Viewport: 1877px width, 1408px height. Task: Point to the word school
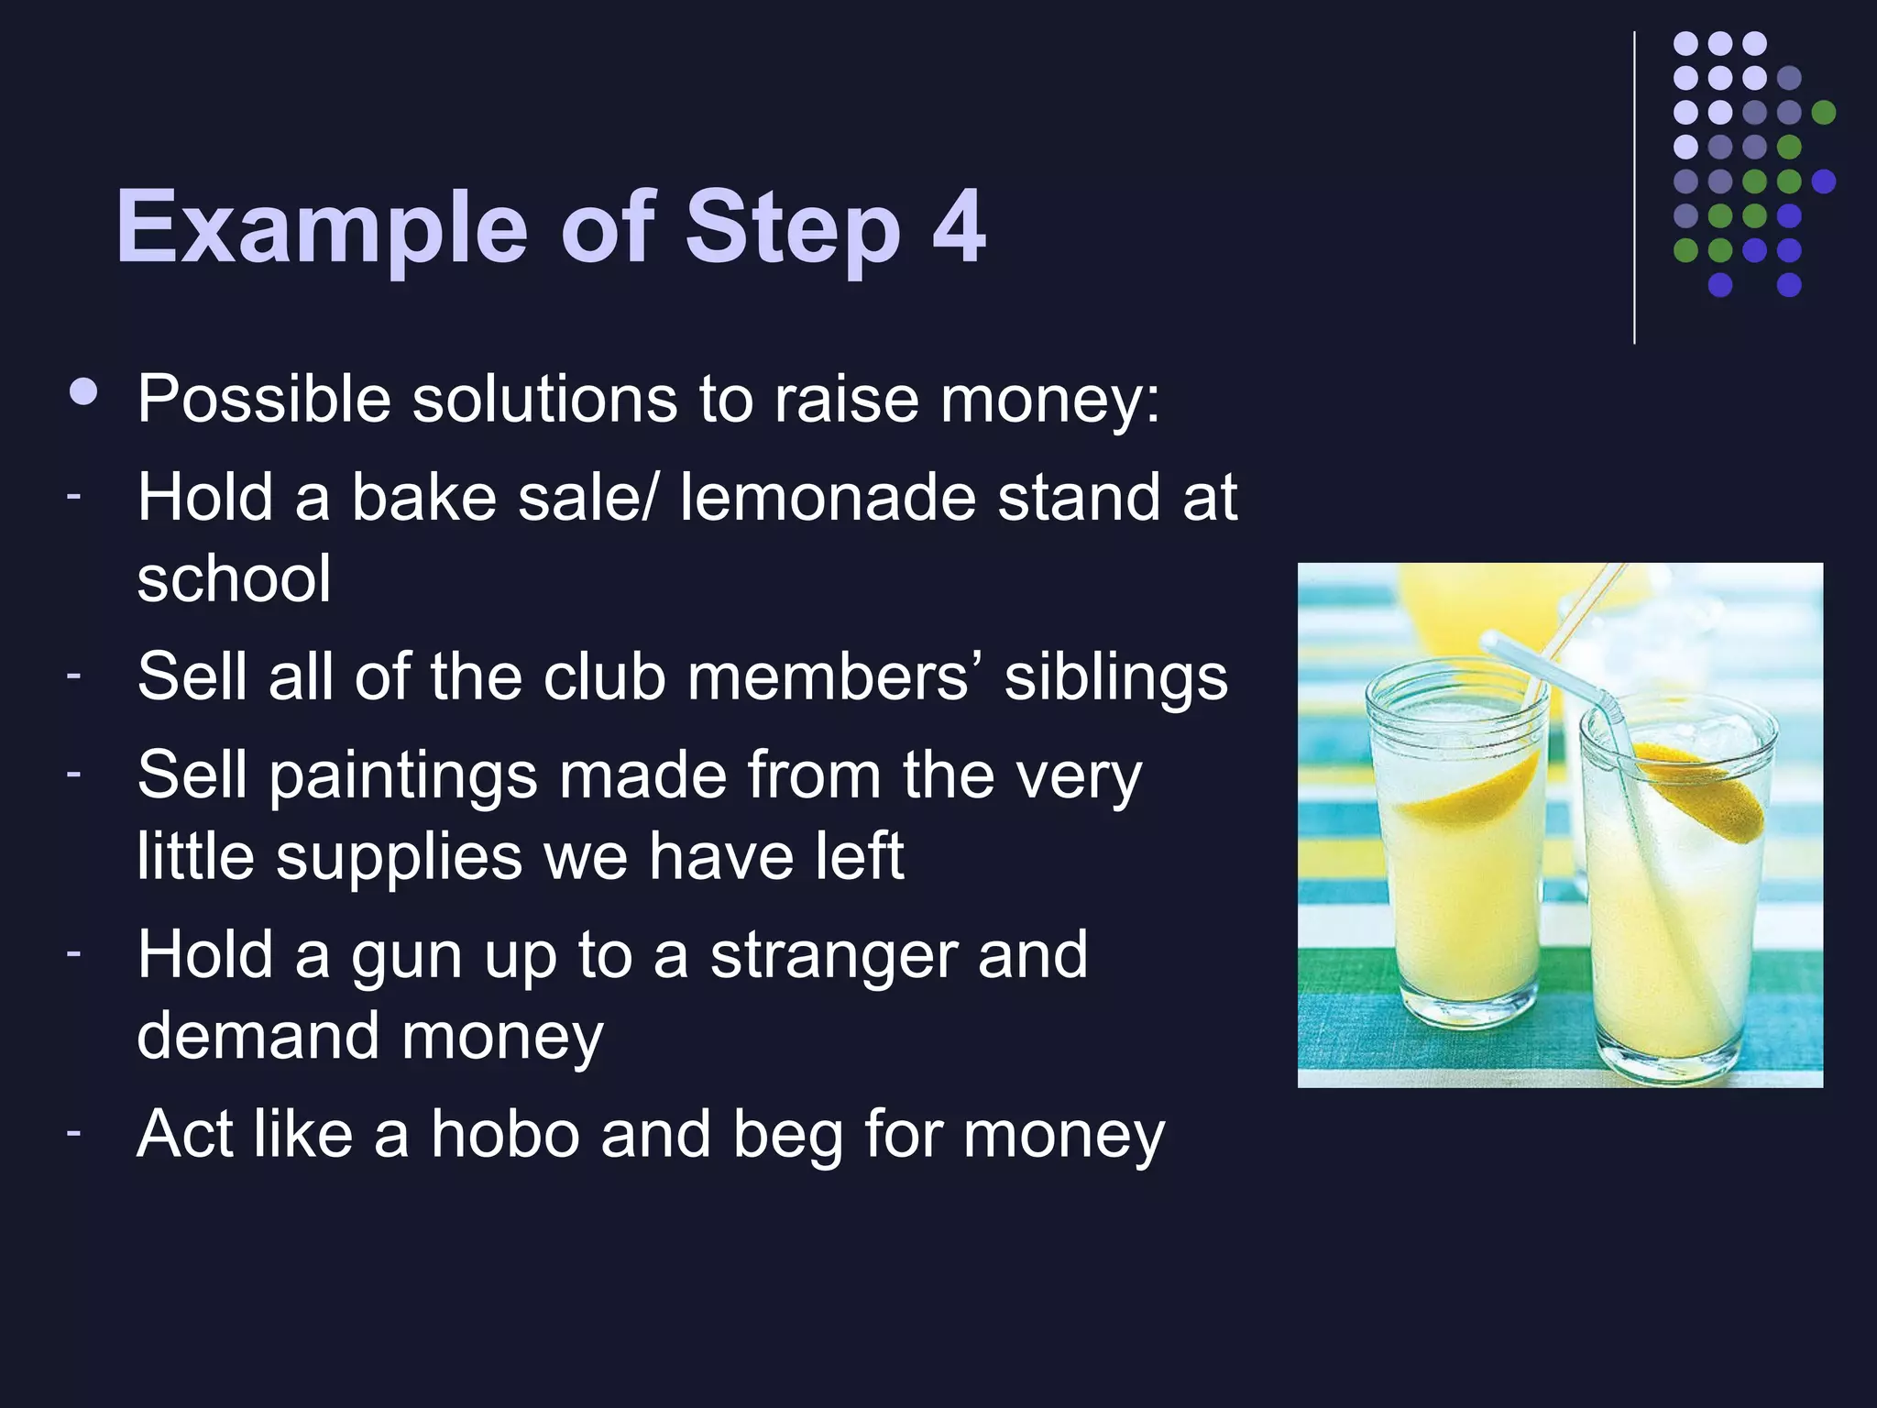[x=234, y=578]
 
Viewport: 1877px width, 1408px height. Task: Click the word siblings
[x=1115, y=678]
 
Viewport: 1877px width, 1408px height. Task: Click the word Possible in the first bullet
[x=264, y=400]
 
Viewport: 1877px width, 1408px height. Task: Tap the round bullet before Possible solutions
[x=83, y=393]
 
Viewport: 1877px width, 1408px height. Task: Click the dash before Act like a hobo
[x=73, y=1132]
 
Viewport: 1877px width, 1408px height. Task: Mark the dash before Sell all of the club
[x=73, y=676]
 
